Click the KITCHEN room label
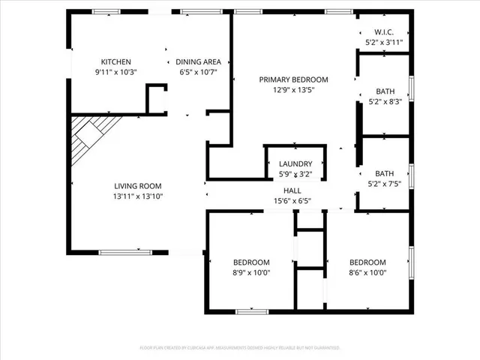click(116, 61)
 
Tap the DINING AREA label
click(197, 61)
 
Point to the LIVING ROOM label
click(137, 186)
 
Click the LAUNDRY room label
click(295, 164)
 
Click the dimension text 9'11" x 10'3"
click(116, 72)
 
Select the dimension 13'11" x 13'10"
click(137, 196)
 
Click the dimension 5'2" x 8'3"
click(385, 101)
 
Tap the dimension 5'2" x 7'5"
click(385, 182)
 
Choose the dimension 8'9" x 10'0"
click(251, 272)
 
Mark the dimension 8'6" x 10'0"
click(367, 272)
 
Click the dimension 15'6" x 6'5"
click(292, 201)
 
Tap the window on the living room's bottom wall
click(124, 251)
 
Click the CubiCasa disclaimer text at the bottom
click(240, 348)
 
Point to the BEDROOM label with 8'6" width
click(367, 262)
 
